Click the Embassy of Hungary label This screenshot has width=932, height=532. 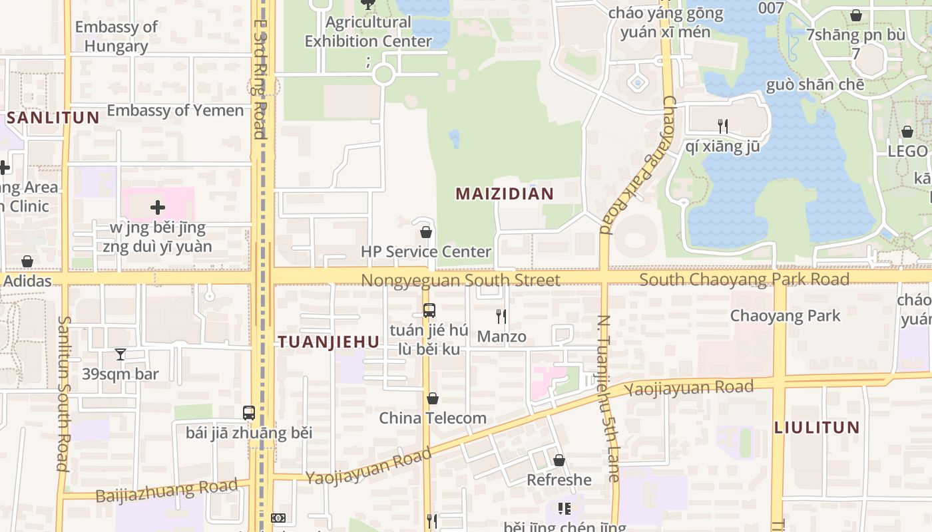click(116, 37)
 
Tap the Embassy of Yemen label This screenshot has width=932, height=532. click(175, 110)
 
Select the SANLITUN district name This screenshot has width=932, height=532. click(53, 118)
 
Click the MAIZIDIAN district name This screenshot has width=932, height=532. click(505, 194)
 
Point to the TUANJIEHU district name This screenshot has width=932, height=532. click(328, 342)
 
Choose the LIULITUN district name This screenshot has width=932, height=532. click(817, 428)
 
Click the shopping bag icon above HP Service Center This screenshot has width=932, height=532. click(426, 232)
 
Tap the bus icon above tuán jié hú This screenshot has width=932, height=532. click(429, 310)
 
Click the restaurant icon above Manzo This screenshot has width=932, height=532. click(501, 316)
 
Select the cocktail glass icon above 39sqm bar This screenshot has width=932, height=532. click(120, 354)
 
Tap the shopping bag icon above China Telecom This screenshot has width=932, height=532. click(433, 398)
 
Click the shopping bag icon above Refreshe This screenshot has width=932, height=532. click(559, 460)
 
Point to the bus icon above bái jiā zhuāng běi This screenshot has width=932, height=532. click(249, 412)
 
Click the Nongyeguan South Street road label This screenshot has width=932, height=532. click(461, 280)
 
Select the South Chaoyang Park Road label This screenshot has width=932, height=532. click(744, 279)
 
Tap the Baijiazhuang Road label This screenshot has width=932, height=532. click(166, 491)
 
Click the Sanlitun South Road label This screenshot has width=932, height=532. click(64, 392)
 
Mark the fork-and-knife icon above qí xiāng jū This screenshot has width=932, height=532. click(723, 126)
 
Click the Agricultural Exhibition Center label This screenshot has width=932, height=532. click(368, 31)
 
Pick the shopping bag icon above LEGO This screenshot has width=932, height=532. click(907, 132)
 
